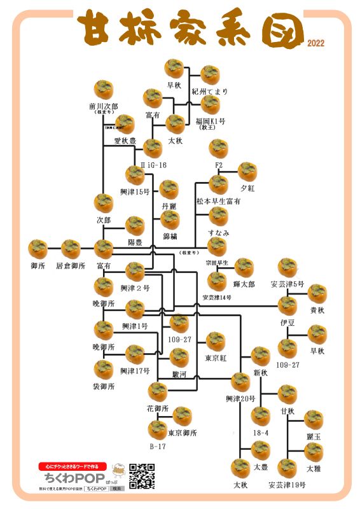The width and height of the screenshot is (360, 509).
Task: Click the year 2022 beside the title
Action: click(x=315, y=44)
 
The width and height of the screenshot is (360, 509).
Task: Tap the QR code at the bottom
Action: click(x=142, y=475)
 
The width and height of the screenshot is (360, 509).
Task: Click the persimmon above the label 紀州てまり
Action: click(x=210, y=75)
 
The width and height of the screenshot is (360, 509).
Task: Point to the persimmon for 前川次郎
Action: click(x=104, y=90)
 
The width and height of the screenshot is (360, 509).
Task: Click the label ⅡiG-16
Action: click(x=153, y=165)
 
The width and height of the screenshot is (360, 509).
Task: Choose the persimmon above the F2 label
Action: click(x=218, y=149)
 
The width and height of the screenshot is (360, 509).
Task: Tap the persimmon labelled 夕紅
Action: click(x=247, y=171)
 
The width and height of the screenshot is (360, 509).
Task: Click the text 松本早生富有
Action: click(x=218, y=201)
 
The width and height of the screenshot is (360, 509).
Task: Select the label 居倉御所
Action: click(x=71, y=265)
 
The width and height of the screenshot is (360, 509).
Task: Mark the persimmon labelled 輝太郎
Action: click(x=244, y=268)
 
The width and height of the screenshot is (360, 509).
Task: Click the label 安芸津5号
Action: click(x=287, y=284)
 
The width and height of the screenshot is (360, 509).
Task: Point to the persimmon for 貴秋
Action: click(x=317, y=294)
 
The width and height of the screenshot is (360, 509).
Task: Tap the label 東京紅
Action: click(x=216, y=358)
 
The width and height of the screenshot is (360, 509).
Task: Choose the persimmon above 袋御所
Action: click(x=104, y=370)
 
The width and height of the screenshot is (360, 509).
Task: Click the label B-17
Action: click(x=158, y=447)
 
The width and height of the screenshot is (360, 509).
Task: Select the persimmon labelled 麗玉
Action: click(x=313, y=420)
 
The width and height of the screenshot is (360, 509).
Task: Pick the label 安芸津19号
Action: click(x=287, y=485)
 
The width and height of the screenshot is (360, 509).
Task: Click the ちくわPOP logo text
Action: click(x=66, y=477)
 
